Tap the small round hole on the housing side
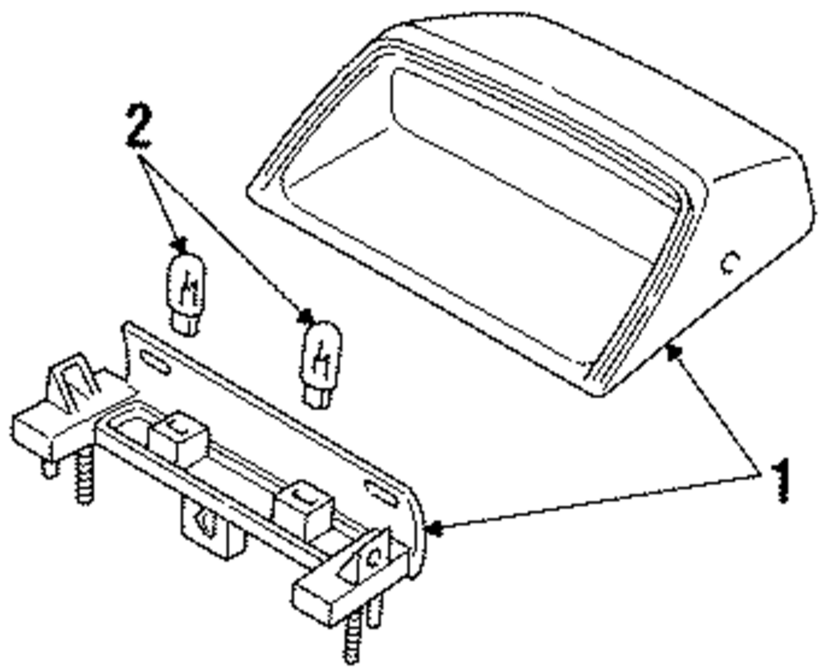pyautogui.click(x=728, y=262)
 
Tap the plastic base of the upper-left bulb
pyautogui.click(x=187, y=321)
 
